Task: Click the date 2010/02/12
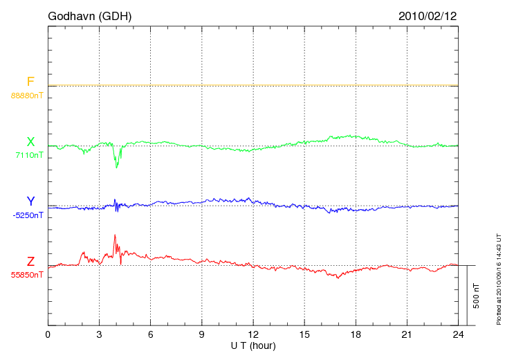click(x=428, y=15)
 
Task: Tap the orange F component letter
click(x=30, y=82)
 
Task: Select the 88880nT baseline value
click(x=26, y=95)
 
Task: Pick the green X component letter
click(x=30, y=142)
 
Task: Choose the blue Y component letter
click(x=30, y=201)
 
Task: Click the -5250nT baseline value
click(x=28, y=215)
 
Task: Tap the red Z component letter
click(x=30, y=262)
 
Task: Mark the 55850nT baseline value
click(x=26, y=275)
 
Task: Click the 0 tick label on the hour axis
click(x=48, y=335)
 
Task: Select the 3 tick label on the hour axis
click(x=99, y=335)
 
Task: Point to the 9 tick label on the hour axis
click(x=201, y=335)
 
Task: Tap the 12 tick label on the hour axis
click(x=252, y=335)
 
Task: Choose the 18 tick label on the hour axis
click(x=355, y=335)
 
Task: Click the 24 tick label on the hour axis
click(x=457, y=335)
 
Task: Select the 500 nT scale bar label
click(x=476, y=296)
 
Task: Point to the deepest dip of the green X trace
click(x=116, y=168)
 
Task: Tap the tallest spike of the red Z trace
click(x=114, y=235)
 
